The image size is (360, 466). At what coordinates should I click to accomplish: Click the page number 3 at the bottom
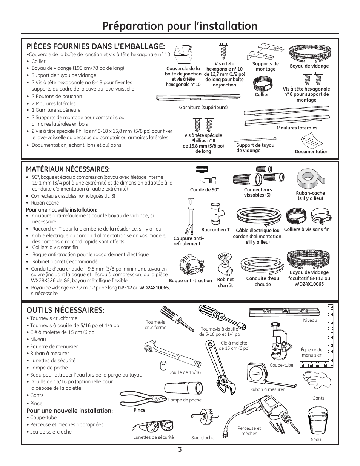click(180, 449)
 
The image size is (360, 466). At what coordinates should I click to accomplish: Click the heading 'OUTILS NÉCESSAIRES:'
click(65, 310)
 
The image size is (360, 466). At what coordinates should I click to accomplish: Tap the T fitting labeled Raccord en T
click(215, 214)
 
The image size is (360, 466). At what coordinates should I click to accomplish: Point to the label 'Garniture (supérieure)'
click(203, 108)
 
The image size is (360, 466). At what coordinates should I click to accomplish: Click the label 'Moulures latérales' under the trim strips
click(297, 128)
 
